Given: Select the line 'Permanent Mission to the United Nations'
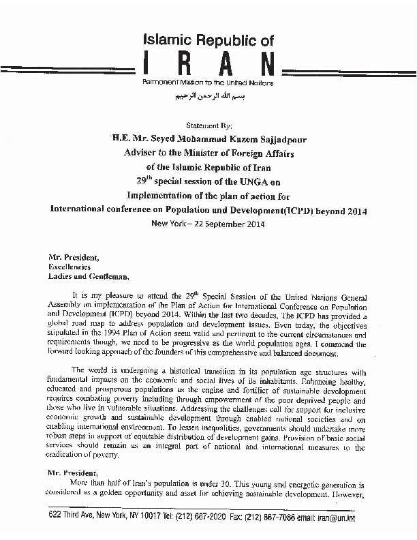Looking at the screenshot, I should [x=208, y=82].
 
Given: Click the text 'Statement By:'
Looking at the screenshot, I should [x=208, y=127].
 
